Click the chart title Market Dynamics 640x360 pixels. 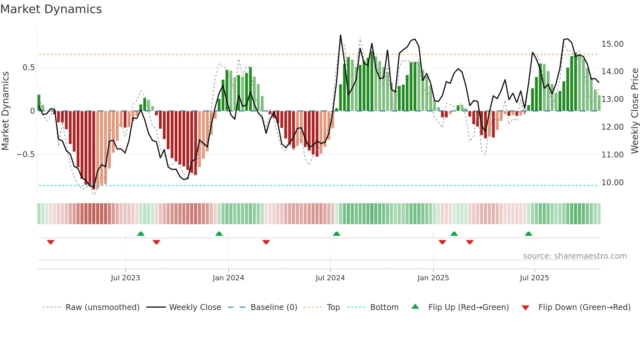tap(51, 9)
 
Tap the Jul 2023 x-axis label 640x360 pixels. tap(125, 278)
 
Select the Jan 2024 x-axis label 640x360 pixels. tap(228, 278)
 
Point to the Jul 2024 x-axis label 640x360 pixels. tap(330, 278)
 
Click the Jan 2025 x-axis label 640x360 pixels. tap(433, 278)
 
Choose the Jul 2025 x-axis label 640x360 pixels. tap(534, 278)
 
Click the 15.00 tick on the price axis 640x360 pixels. tap(612, 44)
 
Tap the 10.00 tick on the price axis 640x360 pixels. tap(612, 182)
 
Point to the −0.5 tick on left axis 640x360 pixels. tap(25, 154)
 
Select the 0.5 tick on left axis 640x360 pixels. tap(28, 68)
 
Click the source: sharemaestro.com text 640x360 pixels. tap(575, 256)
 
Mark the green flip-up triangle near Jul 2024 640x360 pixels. tap(336, 234)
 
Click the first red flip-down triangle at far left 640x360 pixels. tap(51, 242)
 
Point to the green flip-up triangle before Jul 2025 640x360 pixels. tap(528, 234)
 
